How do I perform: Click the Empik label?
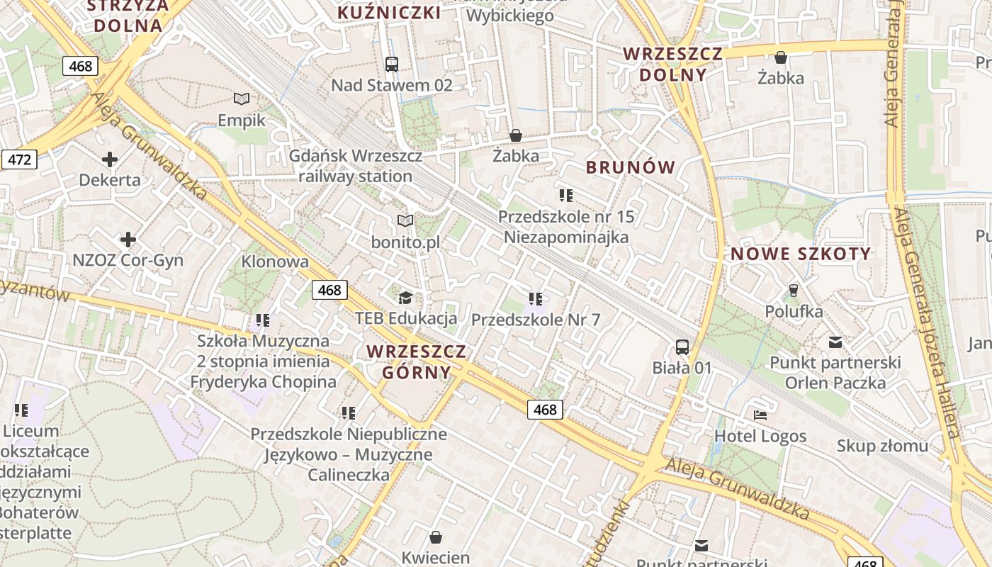pyautogui.click(x=242, y=120)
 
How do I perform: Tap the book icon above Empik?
pyautogui.click(x=242, y=99)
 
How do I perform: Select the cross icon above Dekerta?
pyautogui.click(x=109, y=159)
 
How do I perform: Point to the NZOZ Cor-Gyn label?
pyautogui.click(x=128, y=260)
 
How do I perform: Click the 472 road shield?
pyautogui.click(x=18, y=159)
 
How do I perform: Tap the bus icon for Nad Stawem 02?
pyautogui.click(x=391, y=64)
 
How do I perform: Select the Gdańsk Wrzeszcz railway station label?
pyautogui.click(x=356, y=166)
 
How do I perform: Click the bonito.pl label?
pyautogui.click(x=405, y=242)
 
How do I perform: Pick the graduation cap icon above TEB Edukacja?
pyautogui.click(x=405, y=297)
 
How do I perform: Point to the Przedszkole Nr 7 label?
pyautogui.click(x=536, y=320)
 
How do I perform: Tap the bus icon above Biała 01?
pyautogui.click(x=682, y=347)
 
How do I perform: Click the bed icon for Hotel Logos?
pyautogui.click(x=760, y=415)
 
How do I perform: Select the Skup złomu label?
pyautogui.click(x=882, y=446)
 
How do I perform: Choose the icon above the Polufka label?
pyautogui.click(x=794, y=290)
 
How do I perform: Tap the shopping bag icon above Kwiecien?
pyautogui.click(x=436, y=537)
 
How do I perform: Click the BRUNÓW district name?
pyautogui.click(x=631, y=167)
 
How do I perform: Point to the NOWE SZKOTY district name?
pyautogui.click(x=801, y=254)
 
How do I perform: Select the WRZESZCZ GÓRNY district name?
pyautogui.click(x=417, y=361)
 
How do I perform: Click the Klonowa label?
pyautogui.click(x=275, y=262)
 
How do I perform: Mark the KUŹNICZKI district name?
pyautogui.click(x=389, y=13)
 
